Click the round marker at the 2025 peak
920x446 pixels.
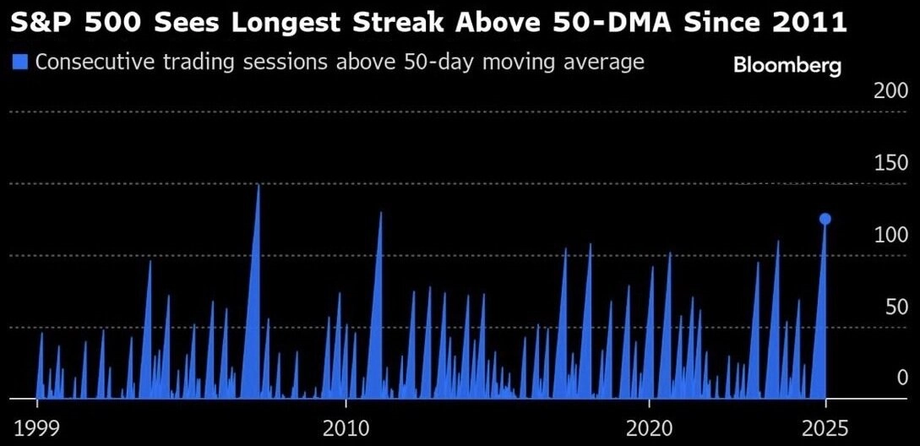(x=825, y=219)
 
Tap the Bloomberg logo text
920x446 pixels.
(x=787, y=65)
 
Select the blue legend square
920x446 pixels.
(x=21, y=62)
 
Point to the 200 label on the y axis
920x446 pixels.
(x=890, y=91)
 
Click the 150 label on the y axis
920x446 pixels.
(x=890, y=163)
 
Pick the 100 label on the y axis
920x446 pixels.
(x=890, y=235)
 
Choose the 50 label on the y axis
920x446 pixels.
(x=896, y=307)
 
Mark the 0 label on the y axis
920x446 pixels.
(x=902, y=377)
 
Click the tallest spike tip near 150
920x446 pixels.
(x=259, y=185)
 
